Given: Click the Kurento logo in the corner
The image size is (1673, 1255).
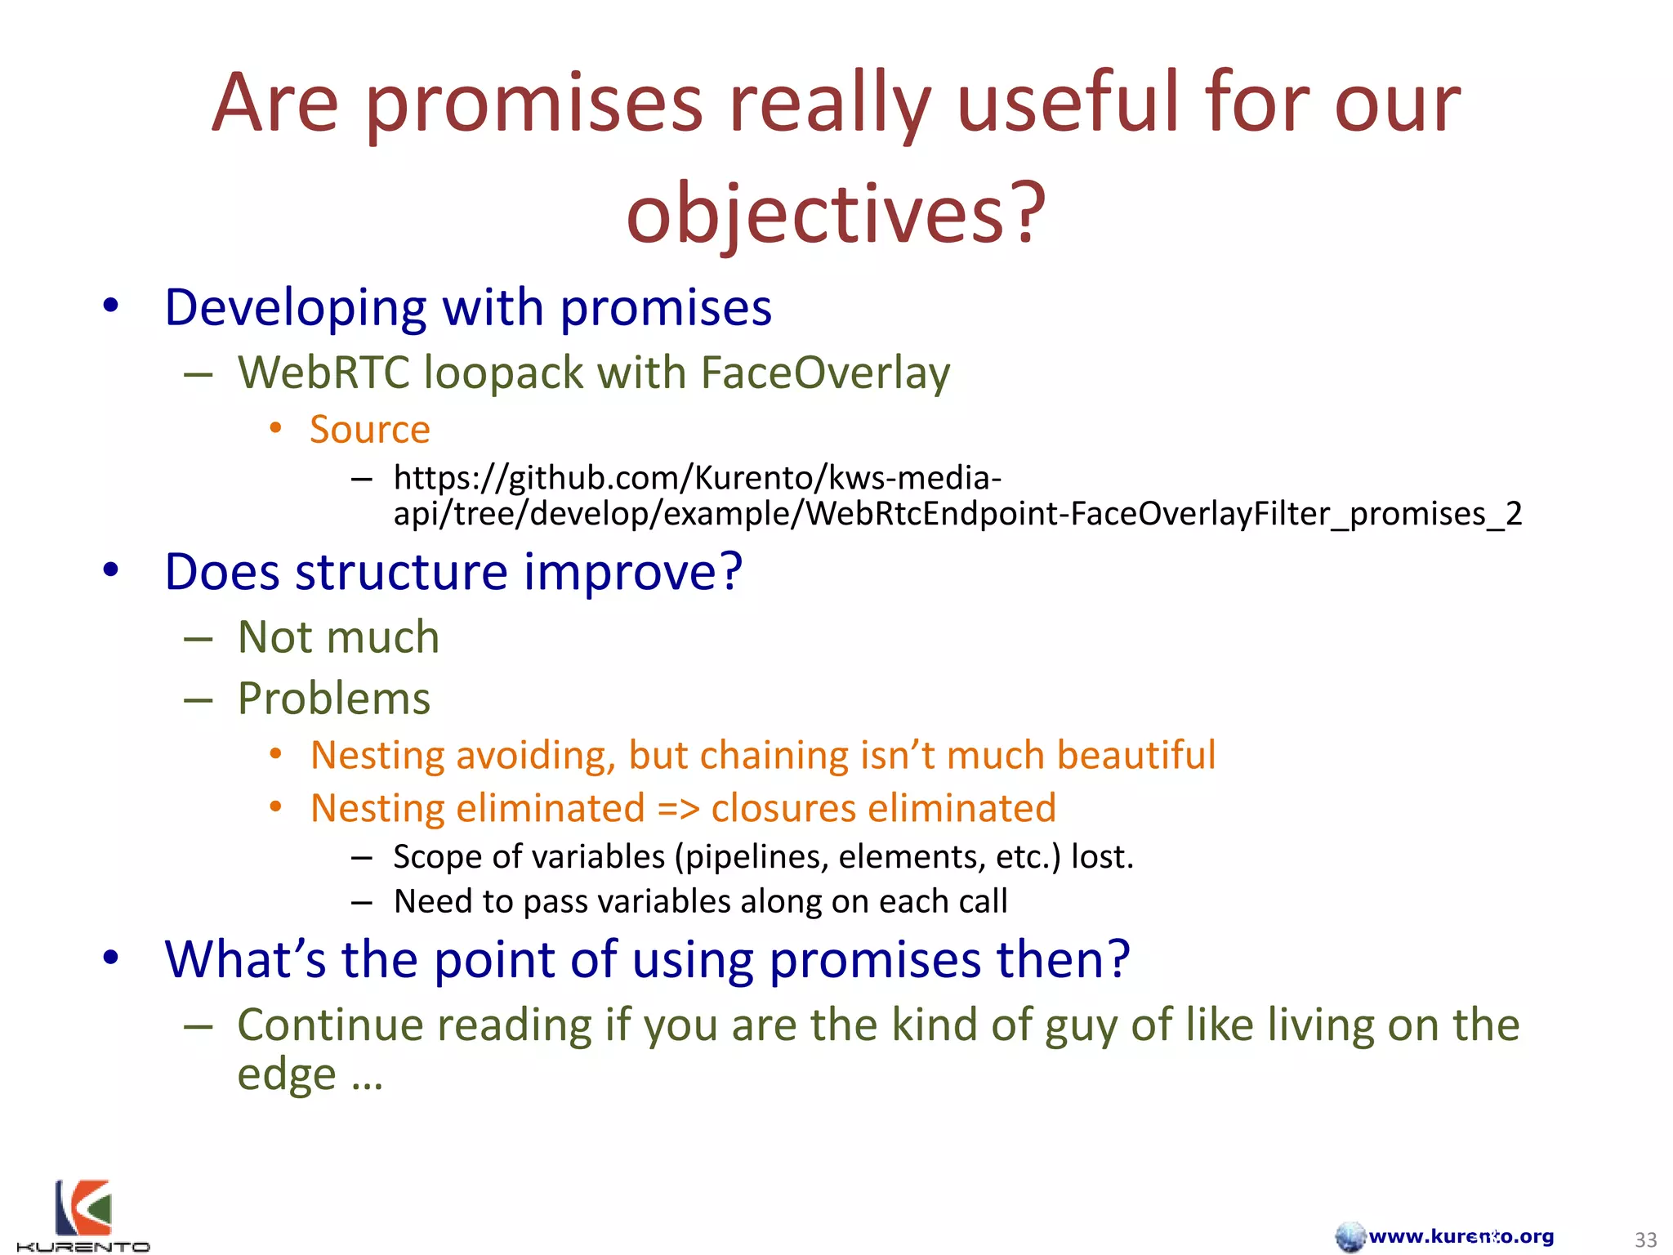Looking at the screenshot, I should [83, 1215].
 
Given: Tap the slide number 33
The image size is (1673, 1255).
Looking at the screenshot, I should [1645, 1239].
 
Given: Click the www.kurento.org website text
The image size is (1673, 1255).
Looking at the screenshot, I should [1461, 1236].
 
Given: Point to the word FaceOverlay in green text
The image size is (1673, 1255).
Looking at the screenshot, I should [825, 373].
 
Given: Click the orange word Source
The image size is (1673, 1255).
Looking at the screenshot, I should [369, 429].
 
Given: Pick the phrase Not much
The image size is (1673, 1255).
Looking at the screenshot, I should [338, 636].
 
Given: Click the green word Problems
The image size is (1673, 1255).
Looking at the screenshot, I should [333, 699].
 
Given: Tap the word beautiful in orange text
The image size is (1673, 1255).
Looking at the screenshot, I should [1135, 755].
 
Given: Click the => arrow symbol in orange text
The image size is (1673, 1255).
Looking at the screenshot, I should [678, 808].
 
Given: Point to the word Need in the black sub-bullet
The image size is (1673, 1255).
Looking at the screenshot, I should [433, 901].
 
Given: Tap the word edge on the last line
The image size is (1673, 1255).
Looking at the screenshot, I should [286, 1074].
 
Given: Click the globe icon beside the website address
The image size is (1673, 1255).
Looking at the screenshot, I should [1350, 1236].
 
